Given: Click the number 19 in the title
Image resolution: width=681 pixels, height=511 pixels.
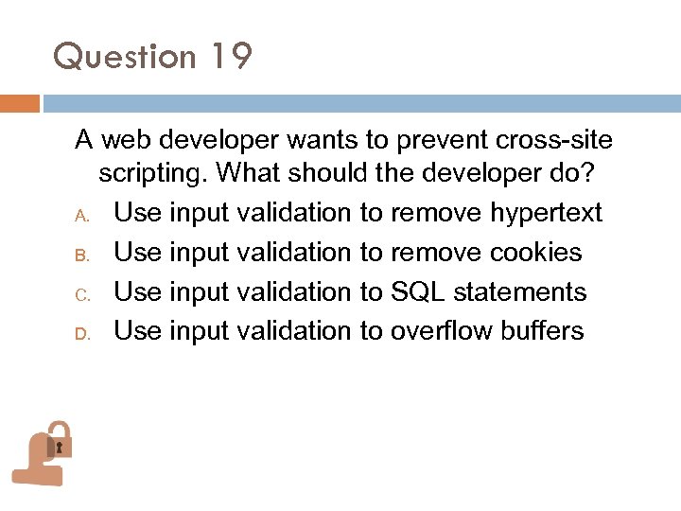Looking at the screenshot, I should coord(231,58).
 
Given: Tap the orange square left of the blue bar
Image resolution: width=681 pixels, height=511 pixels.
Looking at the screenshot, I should coord(19,103).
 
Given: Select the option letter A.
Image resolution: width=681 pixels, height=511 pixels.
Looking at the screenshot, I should coord(82,215).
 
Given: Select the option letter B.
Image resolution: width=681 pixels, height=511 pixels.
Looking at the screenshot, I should coord(82,255).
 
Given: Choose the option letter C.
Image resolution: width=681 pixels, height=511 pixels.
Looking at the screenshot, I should coord(82,294).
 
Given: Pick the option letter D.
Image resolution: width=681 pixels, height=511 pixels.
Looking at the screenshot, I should coord(82,333).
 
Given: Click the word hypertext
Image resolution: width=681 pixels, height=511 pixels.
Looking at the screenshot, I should coord(546,214).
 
